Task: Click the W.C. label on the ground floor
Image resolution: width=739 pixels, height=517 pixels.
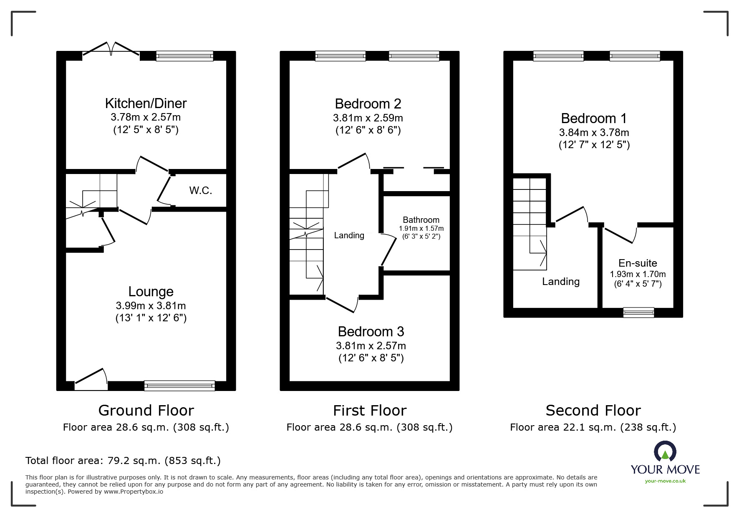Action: coord(201,191)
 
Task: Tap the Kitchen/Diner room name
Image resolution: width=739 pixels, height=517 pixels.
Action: coord(146,103)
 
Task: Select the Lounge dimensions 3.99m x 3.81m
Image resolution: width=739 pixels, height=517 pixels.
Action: coord(151,305)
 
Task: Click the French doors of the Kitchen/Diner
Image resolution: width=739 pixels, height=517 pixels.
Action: coord(111,49)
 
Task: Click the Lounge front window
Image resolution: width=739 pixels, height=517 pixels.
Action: coord(179,386)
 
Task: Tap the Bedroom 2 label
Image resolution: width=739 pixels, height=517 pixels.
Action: coord(368,103)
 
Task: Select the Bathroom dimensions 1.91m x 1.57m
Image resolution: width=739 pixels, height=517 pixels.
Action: coord(421,229)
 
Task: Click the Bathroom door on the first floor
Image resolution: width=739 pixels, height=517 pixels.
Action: coord(388,250)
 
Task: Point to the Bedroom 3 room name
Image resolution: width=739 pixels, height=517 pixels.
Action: coord(371,332)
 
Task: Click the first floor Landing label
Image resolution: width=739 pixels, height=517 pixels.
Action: coord(349,235)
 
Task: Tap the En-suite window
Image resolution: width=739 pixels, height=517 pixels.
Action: coord(638,312)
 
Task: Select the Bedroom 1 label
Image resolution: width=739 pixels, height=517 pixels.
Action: coord(594,119)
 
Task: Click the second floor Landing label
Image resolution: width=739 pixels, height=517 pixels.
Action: coord(560,282)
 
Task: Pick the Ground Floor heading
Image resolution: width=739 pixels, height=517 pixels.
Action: coord(146,411)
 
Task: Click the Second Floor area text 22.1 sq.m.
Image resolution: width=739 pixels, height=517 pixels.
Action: coord(593,427)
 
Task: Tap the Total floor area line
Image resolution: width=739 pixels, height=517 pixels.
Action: coord(123,461)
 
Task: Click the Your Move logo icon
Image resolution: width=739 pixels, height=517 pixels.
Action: coord(665,451)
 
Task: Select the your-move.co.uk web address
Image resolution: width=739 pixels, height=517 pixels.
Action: coord(665,481)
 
